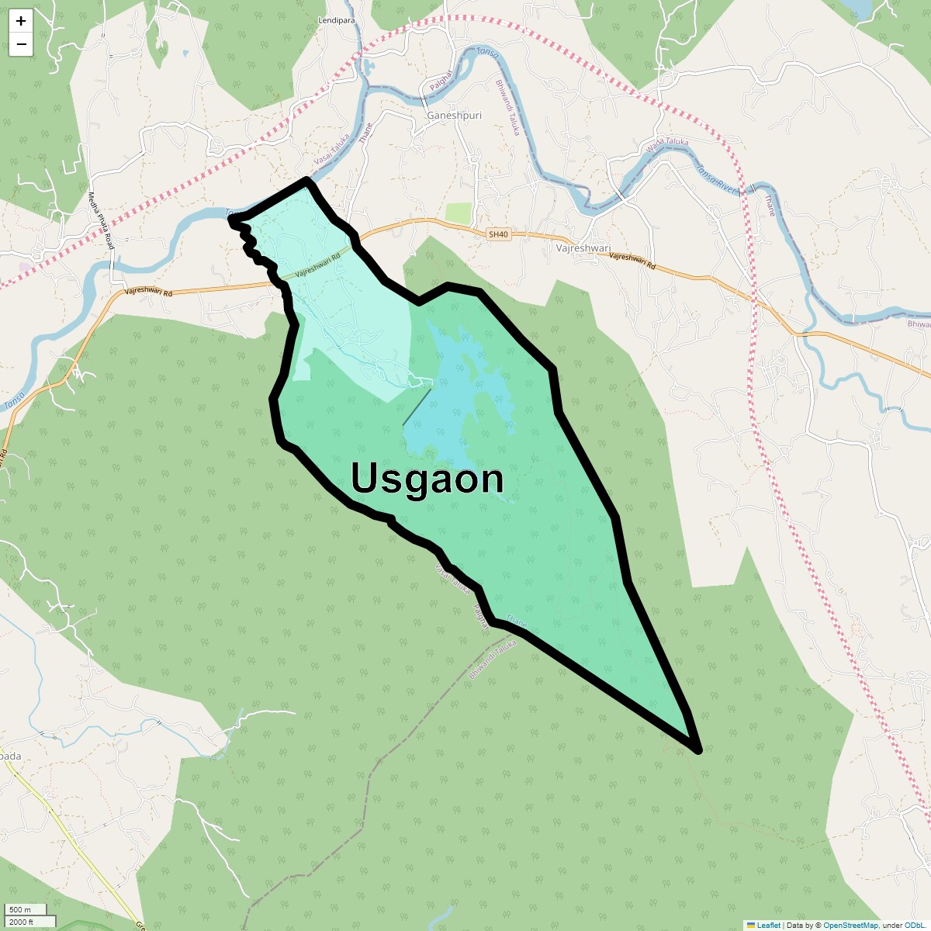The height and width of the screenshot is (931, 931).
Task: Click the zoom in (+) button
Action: [21, 21]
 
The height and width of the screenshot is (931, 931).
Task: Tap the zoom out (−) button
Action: [21, 44]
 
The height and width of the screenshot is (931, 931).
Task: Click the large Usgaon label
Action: [427, 478]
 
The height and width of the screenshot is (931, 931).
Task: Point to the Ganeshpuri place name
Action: [454, 116]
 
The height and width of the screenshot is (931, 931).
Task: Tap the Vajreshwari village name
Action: [583, 248]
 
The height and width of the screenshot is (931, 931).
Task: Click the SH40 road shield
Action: [498, 234]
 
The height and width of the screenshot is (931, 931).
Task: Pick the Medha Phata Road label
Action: [101, 221]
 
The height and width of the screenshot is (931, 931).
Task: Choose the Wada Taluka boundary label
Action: [667, 146]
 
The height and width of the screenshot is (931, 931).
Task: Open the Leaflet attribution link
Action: [768, 925]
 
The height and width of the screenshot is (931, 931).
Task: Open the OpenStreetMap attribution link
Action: [850, 925]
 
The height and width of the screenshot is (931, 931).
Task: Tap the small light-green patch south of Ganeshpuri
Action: [459, 213]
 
